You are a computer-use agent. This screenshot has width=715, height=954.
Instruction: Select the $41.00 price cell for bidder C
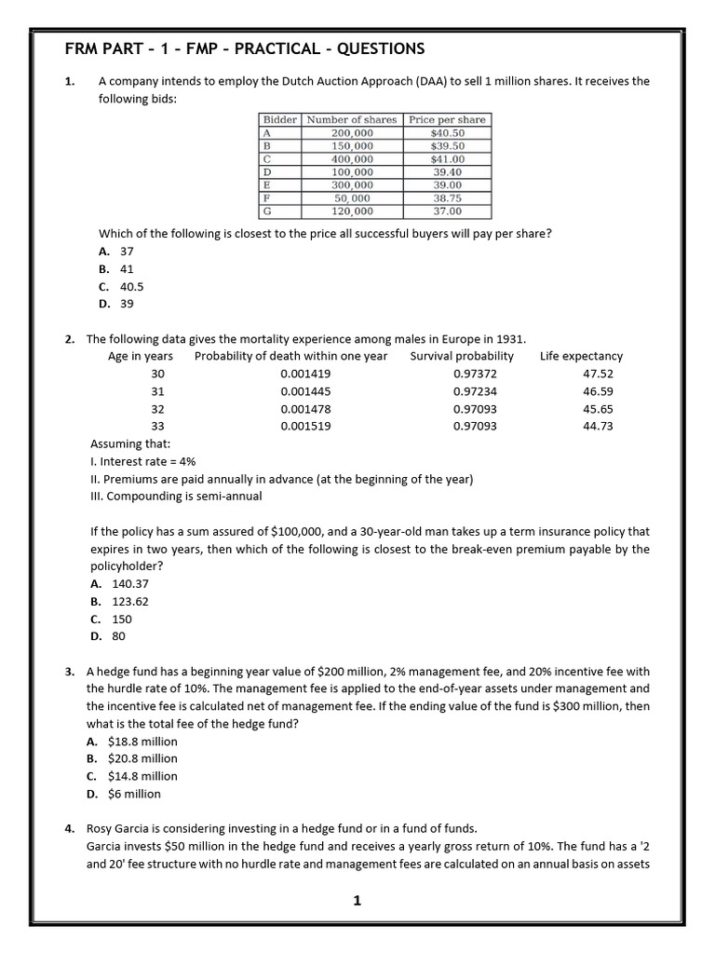(447, 159)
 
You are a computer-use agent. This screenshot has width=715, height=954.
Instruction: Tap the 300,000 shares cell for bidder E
(352, 185)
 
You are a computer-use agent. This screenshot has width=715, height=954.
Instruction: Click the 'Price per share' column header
(447, 120)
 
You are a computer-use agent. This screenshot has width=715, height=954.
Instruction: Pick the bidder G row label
(266, 211)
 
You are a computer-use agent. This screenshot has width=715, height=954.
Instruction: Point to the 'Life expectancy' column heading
(581, 356)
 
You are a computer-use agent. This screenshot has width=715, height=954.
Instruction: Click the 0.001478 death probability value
(305, 409)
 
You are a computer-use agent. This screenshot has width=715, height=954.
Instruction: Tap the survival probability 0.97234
(475, 391)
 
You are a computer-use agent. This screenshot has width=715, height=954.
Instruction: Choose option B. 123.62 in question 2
(120, 601)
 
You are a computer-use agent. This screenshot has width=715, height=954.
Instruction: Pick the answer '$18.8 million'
(142, 742)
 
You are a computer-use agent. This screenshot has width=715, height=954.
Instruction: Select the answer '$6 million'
(133, 794)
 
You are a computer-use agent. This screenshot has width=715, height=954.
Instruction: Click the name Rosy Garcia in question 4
(120, 827)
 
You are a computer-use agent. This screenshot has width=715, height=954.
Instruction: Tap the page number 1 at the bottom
(357, 900)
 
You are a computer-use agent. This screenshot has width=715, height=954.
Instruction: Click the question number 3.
(70, 671)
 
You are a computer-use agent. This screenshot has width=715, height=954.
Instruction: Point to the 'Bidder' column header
(279, 120)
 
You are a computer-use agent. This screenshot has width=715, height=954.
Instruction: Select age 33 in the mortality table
(157, 426)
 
